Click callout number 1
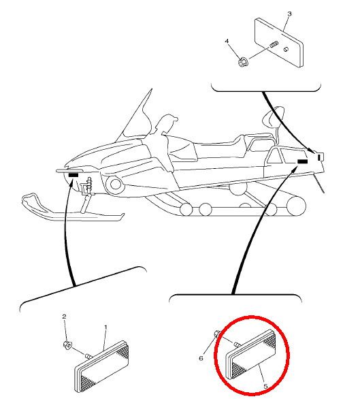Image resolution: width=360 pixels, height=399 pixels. (x=106, y=327)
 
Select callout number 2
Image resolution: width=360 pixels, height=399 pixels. (x=64, y=317)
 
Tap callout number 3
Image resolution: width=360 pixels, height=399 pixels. (x=289, y=14)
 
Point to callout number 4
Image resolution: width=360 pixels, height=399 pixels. (x=227, y=41)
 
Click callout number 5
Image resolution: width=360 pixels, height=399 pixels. (x=265, y=386)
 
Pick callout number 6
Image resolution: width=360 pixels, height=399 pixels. (x=201, y=358)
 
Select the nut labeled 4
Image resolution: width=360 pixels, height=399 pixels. (x=242, y=62)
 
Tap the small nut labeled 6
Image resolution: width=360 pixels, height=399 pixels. (x=217, y=333)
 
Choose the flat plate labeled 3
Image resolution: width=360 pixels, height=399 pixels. (x=279, y=42)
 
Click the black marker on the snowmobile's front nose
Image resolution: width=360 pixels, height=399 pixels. (x=73, y=175)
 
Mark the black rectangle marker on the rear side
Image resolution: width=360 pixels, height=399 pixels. (x=303, y=161)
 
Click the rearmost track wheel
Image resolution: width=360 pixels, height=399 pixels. (x=296, y=206)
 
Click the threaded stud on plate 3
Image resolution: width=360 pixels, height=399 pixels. (x=274, y=46)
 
